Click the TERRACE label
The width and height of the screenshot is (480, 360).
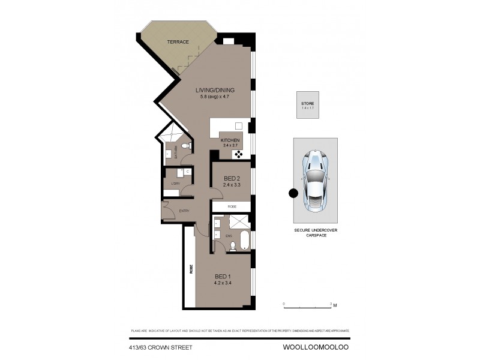178,42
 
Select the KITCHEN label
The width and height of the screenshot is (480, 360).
230,140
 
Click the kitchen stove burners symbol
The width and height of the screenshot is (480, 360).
238,154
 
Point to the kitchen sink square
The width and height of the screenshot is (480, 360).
238,126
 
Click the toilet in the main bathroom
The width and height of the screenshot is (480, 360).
187,145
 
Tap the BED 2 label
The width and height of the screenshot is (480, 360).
232,178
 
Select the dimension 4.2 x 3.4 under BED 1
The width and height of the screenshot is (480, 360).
224,284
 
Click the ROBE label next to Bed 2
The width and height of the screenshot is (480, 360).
232,206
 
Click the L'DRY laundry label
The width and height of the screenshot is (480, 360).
176,184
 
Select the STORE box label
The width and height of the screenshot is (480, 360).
307,104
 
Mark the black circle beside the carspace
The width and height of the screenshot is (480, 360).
293,193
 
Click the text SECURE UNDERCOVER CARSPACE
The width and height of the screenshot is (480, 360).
314,233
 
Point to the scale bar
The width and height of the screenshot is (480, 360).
308,307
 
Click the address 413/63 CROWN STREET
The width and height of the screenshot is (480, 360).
161,347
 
